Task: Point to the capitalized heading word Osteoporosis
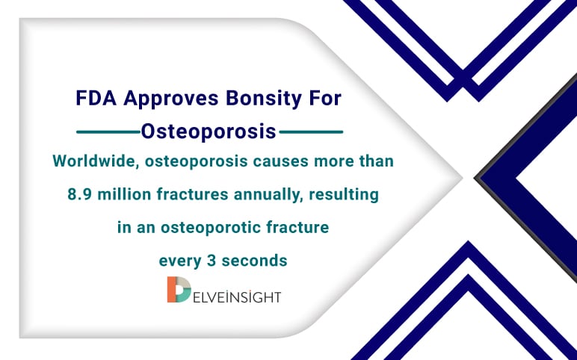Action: click(x=209, y=132)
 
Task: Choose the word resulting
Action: click(x=348, y=194)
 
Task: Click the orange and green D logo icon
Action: click(x=178, y=290)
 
